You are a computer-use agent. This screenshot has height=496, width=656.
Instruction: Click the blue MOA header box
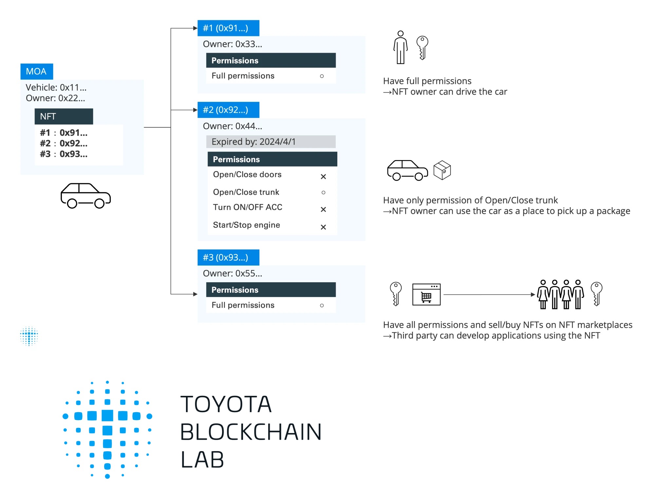pos(36,71)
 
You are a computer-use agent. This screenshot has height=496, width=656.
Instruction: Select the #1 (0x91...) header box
pos(228,28)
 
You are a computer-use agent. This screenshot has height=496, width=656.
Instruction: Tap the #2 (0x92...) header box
pos(228,110)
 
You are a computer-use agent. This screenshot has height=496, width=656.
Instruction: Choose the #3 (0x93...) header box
pos(228,257)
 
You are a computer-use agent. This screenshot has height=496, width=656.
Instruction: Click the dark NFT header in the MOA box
pos(64,116)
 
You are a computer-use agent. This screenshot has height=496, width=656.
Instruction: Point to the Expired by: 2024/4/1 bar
pos(271,142)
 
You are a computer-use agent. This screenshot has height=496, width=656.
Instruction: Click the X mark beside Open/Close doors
pos(323,177)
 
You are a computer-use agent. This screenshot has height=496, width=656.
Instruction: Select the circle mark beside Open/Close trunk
pos(323,193)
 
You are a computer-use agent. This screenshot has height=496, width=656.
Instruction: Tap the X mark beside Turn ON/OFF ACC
pos(323,210)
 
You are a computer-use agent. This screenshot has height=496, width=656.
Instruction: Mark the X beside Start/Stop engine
pos(323,227)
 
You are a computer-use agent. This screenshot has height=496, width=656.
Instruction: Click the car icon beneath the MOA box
pos(85,196)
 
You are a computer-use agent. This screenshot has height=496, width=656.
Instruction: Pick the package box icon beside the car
pos(442,170)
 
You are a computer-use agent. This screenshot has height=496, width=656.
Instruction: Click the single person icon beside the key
pos(400,47)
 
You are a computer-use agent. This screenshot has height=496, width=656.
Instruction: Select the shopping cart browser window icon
pos(426,295)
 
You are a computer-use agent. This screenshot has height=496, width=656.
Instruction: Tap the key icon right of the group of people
pos(596,294)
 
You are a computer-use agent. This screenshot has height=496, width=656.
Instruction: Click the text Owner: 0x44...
pos(232,126)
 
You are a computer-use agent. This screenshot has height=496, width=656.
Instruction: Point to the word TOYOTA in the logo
pos(226,404)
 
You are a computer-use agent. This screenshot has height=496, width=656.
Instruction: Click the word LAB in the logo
pos(202,460)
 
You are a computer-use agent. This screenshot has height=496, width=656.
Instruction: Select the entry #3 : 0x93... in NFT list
pos(64,154)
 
